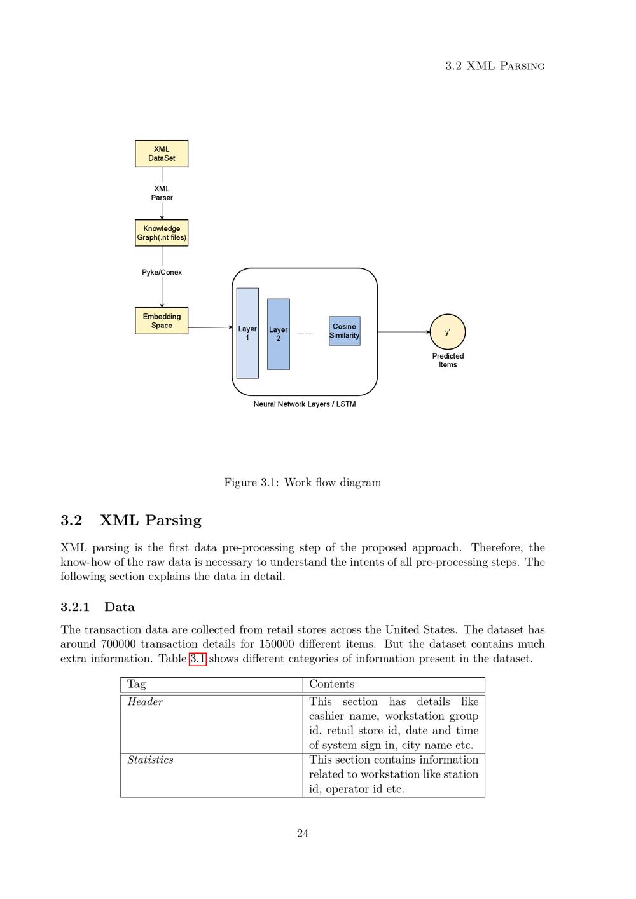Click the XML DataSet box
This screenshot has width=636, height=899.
click(x=162, y=154)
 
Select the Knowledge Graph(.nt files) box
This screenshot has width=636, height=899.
click(x=162, y=233)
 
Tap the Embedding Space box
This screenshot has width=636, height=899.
click(x=162, y=320)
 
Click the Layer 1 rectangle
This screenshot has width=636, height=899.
click(x=247, y=333)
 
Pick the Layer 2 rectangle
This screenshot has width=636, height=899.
click(x=279, y=334)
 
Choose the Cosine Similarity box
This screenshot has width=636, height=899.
click(x=344, y=331)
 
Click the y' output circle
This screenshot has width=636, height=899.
click(x=448, y=332)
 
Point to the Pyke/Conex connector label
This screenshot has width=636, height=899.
click(x=162, y=272)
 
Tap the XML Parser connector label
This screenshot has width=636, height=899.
click(x=162, y=193)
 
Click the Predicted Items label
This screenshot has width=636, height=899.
click(x=448, y=360)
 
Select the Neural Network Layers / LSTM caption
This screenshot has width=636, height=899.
click(x=305, y=404)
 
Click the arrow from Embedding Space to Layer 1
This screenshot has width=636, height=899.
click(x=210, y=327)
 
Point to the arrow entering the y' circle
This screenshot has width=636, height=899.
click(x=403, y=332)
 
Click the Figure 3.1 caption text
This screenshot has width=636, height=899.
click(x=302, y=483)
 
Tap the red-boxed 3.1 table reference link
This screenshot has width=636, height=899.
click(x=197, y=659)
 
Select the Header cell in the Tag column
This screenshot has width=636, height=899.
click(x=145, y=702)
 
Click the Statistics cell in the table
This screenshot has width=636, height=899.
click(x=150, y=760)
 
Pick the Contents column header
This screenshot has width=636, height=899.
click(x=331, y=684)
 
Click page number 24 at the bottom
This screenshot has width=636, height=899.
click(x=303, y=834)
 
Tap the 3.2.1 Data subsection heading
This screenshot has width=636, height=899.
click(x=97, y=607)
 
